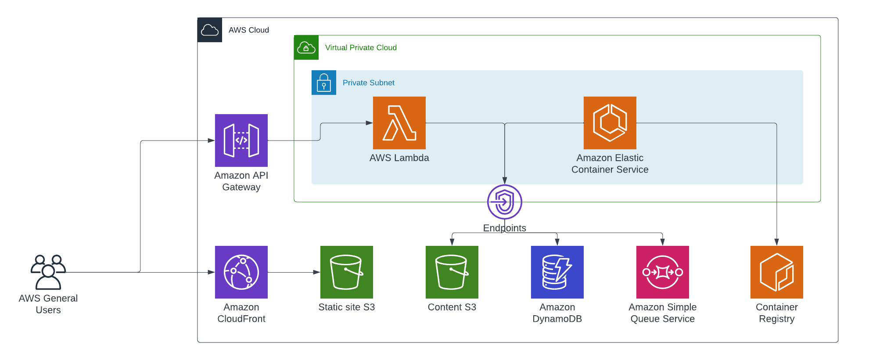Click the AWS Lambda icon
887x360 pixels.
tap(399, 123)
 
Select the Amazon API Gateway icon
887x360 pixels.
tap(241, 140)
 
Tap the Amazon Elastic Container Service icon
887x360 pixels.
tap(610, 123)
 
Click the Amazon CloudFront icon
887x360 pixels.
tap(241, 272)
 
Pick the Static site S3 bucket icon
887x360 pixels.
tap(347, 272)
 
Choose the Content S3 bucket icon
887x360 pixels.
tap(452, 272)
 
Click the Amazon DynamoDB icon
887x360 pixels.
tap(557, 272)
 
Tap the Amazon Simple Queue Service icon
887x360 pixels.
tap(663, 272)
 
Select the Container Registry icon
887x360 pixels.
tap(777, 272)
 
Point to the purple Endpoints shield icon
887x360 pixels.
tap(505, 202)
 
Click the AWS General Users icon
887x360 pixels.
tap(48, 272)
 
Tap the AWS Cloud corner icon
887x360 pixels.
tap(210, 30)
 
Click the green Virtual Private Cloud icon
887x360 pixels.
tap(306, 47)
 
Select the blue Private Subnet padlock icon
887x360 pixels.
tap(324, 83)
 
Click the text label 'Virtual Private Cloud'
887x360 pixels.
tap(361, 47)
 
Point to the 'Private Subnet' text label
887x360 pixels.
tap(369, 83)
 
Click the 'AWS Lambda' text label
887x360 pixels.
tap(399, 158)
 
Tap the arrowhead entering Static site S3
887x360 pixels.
tap(317, 272)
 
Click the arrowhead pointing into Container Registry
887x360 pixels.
tap(777, 242)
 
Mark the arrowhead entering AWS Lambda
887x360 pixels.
tap(370, 123)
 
